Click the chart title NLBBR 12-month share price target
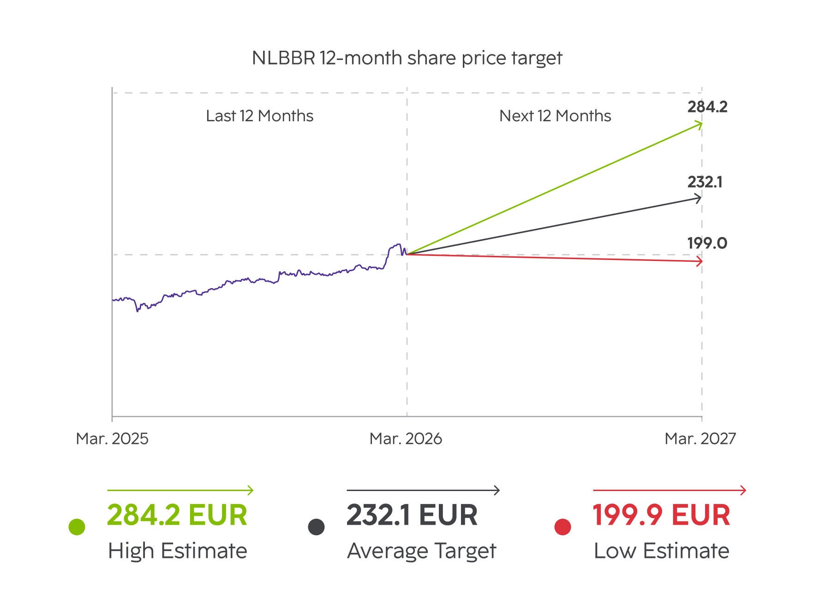407,58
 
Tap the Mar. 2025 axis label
112,438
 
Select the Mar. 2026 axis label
406,438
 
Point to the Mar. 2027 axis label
700,438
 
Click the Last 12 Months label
259,116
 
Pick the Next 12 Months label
555,116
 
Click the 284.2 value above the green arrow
707,107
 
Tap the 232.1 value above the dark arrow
705,182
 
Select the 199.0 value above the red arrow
707,243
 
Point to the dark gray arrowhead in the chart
698,199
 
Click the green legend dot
77,527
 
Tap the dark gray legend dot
316,527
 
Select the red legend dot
563,527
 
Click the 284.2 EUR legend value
177,515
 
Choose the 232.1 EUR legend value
412,515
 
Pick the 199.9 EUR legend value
661,515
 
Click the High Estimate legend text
178,551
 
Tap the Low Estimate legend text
661,551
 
